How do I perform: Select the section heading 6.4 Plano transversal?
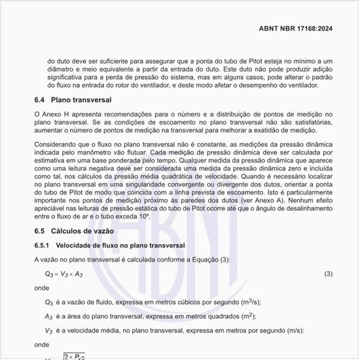[x=73, y=100]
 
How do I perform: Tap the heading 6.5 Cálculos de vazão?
[x=74, y=231]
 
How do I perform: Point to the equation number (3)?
[x=329, y=273]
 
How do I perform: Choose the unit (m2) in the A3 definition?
[x=241, y=315]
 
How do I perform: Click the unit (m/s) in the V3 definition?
[x=281, y=330]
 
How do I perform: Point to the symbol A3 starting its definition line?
[x=48, y=316]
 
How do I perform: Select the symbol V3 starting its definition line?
[x=48, y=331]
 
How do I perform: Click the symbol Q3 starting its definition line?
[x=48, y=302]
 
